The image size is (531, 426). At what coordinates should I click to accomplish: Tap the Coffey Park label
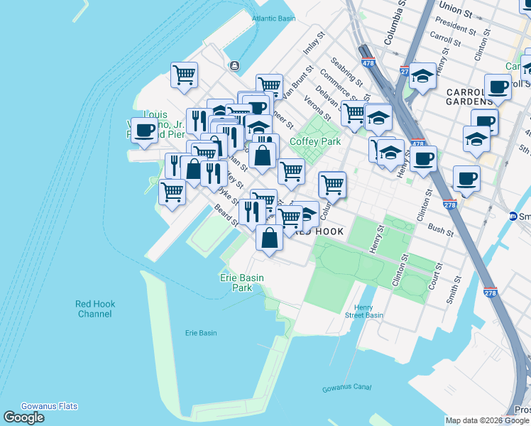(315, 141)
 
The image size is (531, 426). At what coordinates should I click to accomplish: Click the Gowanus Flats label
(49, 406)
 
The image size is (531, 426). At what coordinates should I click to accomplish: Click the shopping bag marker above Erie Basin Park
(269, 239)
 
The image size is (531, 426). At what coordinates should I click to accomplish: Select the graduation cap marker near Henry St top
(422, 76)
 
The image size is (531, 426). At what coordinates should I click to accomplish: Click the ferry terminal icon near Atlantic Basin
(234, 66)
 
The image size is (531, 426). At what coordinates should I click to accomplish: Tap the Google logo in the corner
(23, 417)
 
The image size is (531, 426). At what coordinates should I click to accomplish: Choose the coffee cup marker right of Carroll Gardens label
(498, 87)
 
